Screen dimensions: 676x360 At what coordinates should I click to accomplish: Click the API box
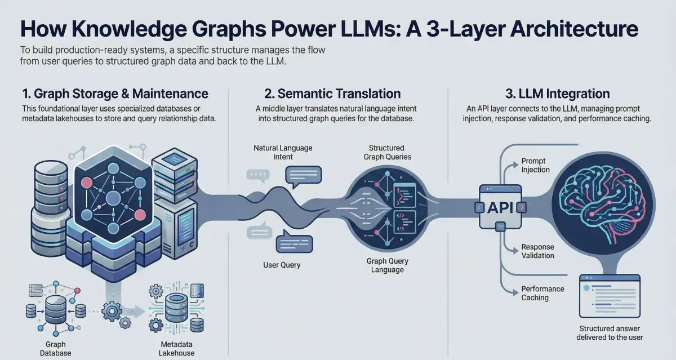pyautogui.click(x=500, y=208)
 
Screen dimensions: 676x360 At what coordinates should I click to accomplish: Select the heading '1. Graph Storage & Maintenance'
pyautogui.click(x=115, y=94)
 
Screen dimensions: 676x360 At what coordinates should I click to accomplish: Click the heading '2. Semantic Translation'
pyautogui.click(x=332, y=94)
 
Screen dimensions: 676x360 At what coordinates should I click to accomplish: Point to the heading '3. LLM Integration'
pyautogui.click(x=557, y=94)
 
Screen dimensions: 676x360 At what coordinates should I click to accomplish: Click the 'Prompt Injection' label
pyautogui.click(x=535, y=166)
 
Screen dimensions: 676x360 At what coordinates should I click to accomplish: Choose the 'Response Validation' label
pyautogui.click(x=538, y=251)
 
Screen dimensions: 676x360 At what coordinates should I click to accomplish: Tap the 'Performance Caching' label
pyautogui.click(x=542, y=294)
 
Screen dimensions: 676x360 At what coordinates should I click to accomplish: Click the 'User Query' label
pyautogui.click(x=282, y=265)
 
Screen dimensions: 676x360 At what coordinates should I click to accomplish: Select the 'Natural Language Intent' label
pyautogui.click(x=283, y=152)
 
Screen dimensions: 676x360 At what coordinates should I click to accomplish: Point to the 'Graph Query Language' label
pyautogui.click(x=388, y=265)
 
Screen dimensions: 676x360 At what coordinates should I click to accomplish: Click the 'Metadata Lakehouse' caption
pyautogui.click(x=176, y=349)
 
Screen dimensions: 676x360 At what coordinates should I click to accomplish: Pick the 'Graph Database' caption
pyautogui.click(x=56, y=349)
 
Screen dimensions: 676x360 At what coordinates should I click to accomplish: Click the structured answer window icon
pyautogui.click(x=610, y=296)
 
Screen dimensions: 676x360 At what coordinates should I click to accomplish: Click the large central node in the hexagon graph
pyautogui.click(x=113, y=198)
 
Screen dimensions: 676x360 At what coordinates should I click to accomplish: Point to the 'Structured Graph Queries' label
pyautogui.click(x=387, y=152)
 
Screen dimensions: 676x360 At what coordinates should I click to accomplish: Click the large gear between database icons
pyautogui.click(x=112, y=311)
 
